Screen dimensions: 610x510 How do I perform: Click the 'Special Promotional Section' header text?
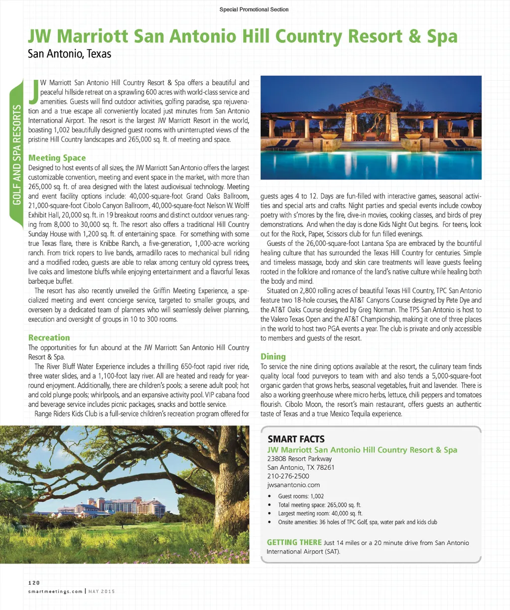point(254,9)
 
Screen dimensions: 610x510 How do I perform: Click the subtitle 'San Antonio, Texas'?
point(70,54)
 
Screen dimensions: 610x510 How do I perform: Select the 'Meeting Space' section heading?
point(57,158)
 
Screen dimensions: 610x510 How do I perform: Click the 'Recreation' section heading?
point(49,338)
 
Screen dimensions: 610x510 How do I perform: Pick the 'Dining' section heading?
point(273,357)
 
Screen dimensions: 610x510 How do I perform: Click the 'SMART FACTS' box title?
point(296,439)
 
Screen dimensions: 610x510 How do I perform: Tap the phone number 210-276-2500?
point(288,476)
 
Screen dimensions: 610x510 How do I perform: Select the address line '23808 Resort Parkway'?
point(299,459)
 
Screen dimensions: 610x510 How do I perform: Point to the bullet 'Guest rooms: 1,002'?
point(301,496)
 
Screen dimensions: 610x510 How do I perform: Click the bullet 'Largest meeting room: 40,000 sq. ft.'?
point(320,513)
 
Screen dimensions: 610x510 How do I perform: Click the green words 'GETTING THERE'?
point(294,543)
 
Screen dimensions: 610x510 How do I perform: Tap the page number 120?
point(34,583)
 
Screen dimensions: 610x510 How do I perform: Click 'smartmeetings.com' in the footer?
point(55,592)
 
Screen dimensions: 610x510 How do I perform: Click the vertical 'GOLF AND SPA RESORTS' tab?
point(17,155)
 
